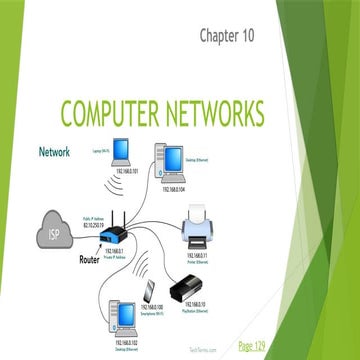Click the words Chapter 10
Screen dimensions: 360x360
pos(227,37)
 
